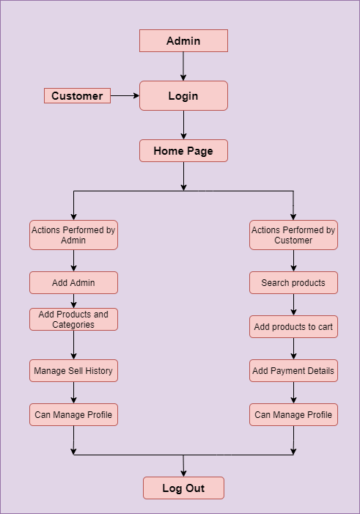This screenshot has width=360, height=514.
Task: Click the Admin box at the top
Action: click(183, 40)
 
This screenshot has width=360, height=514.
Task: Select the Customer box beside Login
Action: click(78, 96)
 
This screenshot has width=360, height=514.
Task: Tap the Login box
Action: click(183, 96)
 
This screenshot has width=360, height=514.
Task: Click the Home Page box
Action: click(183, 151)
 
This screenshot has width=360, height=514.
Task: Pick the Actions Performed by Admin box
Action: click(73, 235)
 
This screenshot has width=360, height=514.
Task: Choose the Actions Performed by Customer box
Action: click(293, 235)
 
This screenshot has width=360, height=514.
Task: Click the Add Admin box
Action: click(73, 282)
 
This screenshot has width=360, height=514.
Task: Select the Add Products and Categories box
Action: click(73, 319)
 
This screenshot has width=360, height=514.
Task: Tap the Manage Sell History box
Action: click(73, 371)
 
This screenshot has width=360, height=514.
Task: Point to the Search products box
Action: click(293, 282)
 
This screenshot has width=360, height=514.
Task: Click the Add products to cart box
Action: click(293, 326)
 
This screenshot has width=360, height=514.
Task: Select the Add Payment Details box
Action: click(293, 371)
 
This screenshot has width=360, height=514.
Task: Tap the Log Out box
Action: click(183, 488)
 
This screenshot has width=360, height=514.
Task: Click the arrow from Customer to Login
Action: click(125, 96)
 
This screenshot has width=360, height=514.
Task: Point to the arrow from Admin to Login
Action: click(183, 66)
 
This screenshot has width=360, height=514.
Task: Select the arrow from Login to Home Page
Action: click(183, 125)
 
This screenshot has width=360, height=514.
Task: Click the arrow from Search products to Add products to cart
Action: click(293, 304)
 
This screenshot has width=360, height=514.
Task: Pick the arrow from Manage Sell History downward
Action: click(73, 393)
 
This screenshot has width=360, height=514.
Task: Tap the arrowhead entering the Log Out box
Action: click(183, 474)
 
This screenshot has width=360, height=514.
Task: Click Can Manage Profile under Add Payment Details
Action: click(293, 415)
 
